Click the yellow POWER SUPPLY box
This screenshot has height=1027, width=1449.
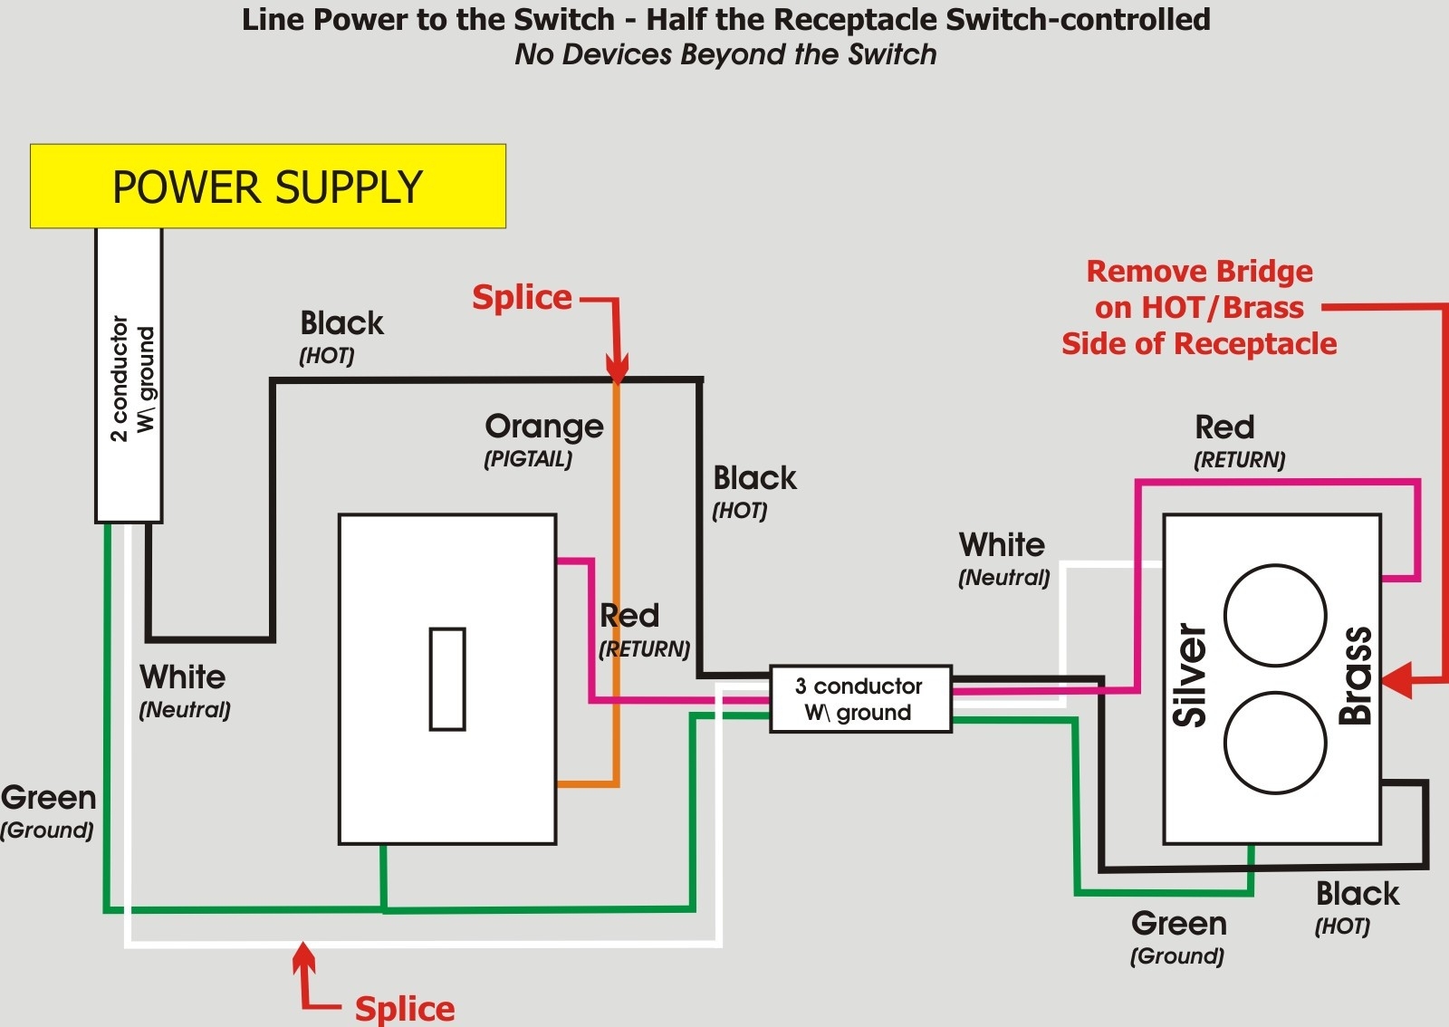267,186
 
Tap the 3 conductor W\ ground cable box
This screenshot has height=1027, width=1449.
859,699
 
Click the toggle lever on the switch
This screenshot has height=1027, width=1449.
447,679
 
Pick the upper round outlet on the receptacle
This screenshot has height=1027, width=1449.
1275,616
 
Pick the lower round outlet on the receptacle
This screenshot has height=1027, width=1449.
1275,743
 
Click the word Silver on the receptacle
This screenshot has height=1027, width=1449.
1190,675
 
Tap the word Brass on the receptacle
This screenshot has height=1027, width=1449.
1356,675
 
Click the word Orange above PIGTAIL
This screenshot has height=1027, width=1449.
543,426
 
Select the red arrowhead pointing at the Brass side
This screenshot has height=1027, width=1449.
1397,679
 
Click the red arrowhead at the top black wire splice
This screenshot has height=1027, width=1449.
617,370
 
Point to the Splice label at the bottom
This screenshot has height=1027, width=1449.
404,1008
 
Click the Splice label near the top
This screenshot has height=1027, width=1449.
522,297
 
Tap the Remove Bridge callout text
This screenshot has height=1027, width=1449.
1199,307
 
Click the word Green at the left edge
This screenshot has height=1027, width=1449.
48,798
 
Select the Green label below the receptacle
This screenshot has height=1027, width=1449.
1178,924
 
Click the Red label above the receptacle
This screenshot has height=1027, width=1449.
1224,427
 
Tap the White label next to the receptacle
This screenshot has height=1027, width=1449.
1002,545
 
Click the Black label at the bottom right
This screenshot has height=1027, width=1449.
1357,894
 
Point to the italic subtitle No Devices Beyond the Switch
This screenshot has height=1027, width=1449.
725,54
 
